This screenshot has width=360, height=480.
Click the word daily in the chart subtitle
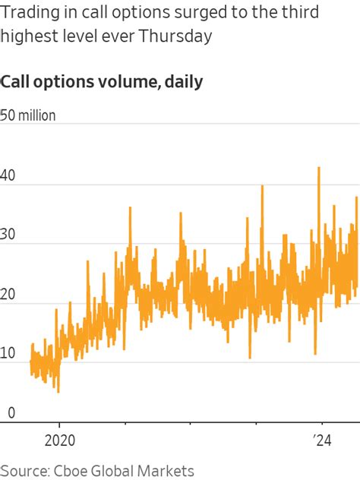point(182,81)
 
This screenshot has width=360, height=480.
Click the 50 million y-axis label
point(29,115)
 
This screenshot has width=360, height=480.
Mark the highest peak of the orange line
point(318,168)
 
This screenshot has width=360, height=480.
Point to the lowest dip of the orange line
point(58,391)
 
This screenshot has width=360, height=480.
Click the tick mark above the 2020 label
point(58,425)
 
